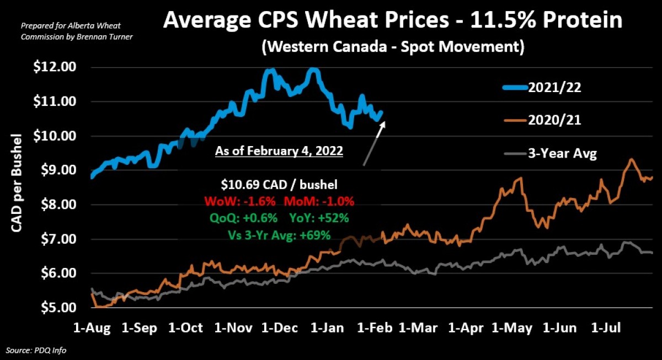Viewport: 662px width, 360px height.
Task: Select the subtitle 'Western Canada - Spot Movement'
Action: tap(392, 46)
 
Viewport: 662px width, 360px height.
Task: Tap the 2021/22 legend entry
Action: tap(553, 88)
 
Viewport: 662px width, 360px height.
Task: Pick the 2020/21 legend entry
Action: tap(553, 120)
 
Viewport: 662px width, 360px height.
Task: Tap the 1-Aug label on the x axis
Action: tap(92, 329)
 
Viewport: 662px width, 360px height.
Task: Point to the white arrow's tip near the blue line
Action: tap(384, 122)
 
